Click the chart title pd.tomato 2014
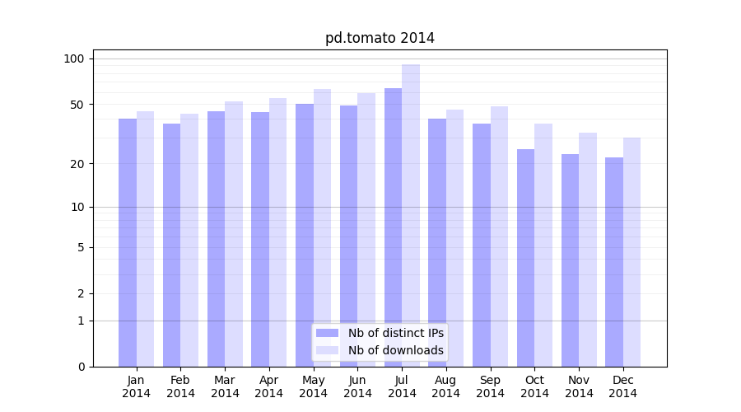[x=380, y=38]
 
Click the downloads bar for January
[x=146, y=239]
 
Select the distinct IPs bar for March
[x=216, y=239]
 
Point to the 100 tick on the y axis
[x=74, y=59]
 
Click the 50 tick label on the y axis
[x=77, y=105]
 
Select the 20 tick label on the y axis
[x=77, y=164]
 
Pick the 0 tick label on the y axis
[x=81, y=367]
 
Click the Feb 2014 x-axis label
[x=180, y=386]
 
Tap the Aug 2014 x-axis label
[x=446, y=386]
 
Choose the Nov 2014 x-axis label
[x=579, y=386]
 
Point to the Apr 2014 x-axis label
[x=269, y=386]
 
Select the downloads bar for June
[x=366, y=230]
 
